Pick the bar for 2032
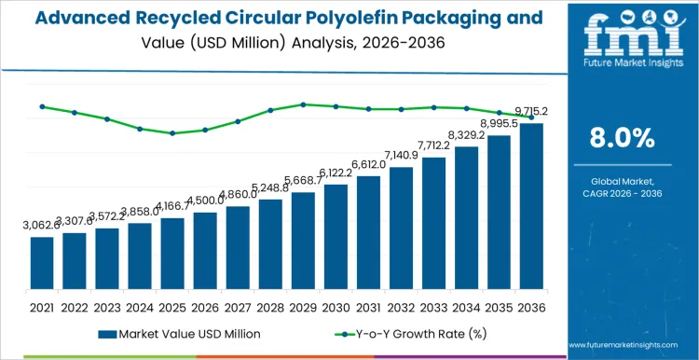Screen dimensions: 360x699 401,228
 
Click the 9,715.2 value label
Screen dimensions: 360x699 528,111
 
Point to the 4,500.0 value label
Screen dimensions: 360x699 205,200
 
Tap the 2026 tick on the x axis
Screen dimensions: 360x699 205,305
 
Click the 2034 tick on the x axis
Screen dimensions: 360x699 466,305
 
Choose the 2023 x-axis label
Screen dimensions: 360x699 107,305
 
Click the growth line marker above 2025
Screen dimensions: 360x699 172,133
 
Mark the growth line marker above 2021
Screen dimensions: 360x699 42,106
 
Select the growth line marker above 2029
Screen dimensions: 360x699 303,104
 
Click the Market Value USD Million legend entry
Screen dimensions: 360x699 181,333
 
